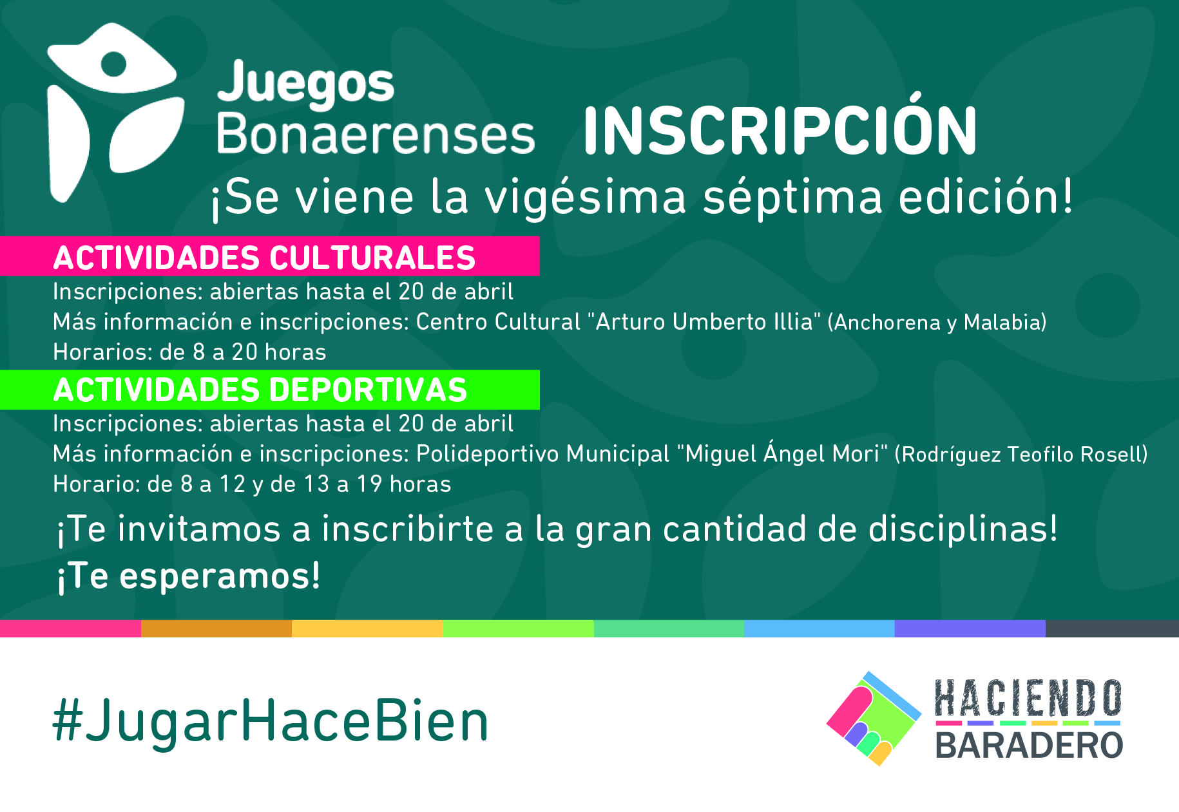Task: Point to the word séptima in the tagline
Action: pyautogui.click(x=792, y=198)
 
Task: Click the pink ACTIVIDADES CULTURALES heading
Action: pyautogui.click(x=264, y=258)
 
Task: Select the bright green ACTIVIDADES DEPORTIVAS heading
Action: pyautogui.click(x=260, y=390)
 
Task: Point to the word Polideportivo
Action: pyautogui.click(x=488, y=454)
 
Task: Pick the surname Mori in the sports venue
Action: pyautogui.click(x=856, y=454)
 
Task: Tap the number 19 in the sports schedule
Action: pyautogui.click(x=369, y=484)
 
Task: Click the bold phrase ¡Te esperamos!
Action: pyautogui.click(x=188, y=576)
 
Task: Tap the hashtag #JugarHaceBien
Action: pyautogui.click(x=270, y=721)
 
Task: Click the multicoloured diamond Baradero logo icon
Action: pyautogui.click(x=874, y=719)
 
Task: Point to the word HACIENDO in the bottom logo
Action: pyautogui.click(x=1028, y=698)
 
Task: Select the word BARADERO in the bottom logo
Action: pyautogui.click(x=1029, y=745)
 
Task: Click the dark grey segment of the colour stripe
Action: pyautogui.click(x=1112, y=628)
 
